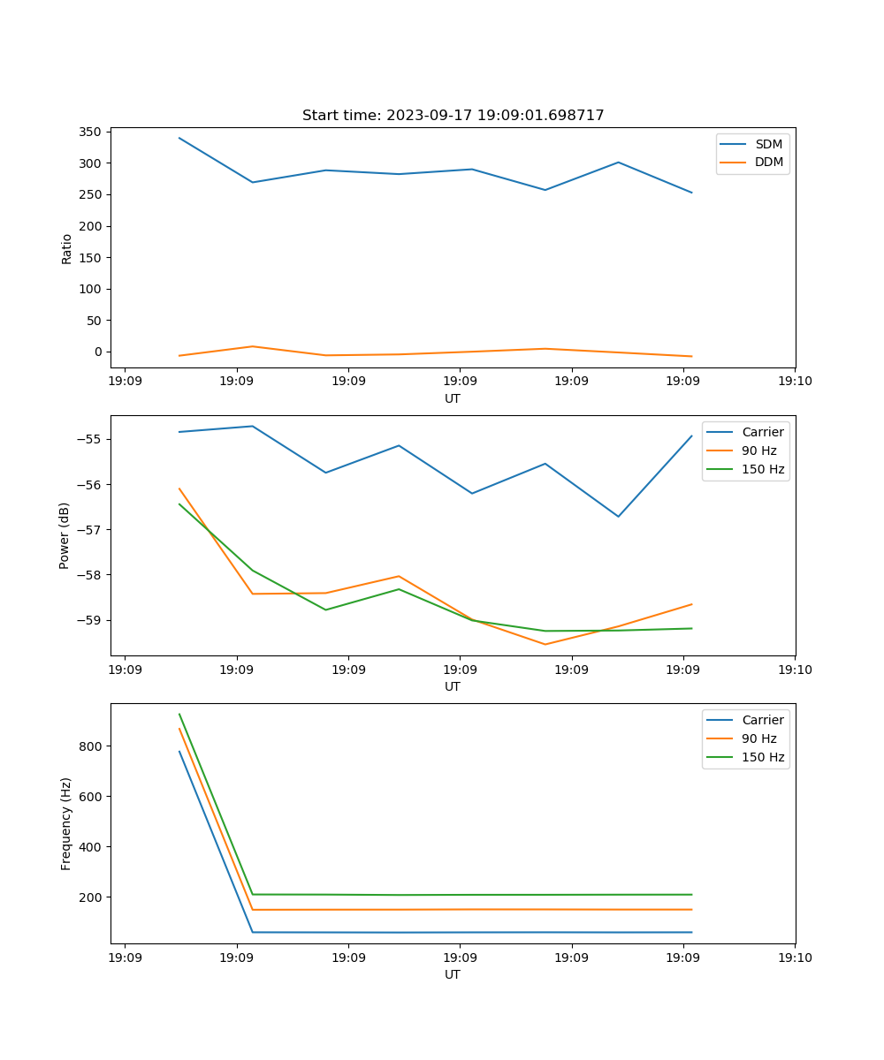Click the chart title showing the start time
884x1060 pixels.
coord(453,116)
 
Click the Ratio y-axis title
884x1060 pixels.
coord(67,248)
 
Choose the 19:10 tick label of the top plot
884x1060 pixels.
coord(795,382)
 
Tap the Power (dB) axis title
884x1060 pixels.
coord(65,535)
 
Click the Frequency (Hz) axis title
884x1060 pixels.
coord(66,823)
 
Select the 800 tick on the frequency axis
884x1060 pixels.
coord(92,746)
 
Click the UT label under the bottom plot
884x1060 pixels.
coord(453,974)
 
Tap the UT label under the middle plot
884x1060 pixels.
coord(453,686)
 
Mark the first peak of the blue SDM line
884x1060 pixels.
coord(179,138)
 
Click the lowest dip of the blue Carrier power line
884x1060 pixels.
coord(618,517)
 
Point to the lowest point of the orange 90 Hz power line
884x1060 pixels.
coord(545,644)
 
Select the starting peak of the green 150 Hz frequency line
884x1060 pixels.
coord(179,714)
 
